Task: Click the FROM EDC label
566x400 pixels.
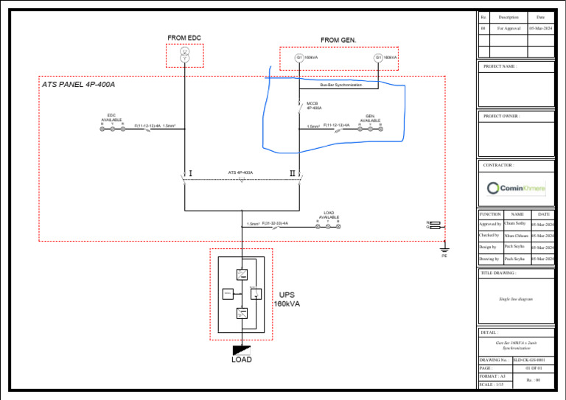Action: pyautogui.click(x=184, y=38)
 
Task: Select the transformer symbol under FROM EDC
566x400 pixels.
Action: pyautogui.click(x=185, y=55)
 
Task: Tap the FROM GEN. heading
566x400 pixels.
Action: pyautogui.click(x=338, y=40)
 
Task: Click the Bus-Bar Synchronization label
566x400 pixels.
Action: pyautogui.click(x=340, y=85)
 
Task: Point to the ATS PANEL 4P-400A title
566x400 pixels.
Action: pyautogui.click(x=78, y=85)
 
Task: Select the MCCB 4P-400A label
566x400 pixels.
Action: pyautogui.click(x=314, y=105)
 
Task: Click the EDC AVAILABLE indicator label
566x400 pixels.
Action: pyautogui.click(x=111, y=118)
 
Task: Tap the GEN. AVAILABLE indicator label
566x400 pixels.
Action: pyautogui.click(x=370, y=118)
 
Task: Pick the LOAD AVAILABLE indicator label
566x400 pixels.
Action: pyautogui.click(x=329, y=215)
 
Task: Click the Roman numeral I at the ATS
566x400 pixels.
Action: pyautogui.click(x=191, y=174)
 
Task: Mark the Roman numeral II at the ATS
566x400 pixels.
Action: pyautogui.click(x=293, y=174)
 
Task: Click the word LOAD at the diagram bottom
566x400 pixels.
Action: pyautogui.click(x=241, y=359)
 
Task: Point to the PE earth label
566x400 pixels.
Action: pyautogui.click(x=444, y=256)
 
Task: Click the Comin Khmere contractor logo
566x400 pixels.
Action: pyautogui.click(x=517, y=189)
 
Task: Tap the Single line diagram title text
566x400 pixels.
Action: pyautogui.click(x=517, y=300)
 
